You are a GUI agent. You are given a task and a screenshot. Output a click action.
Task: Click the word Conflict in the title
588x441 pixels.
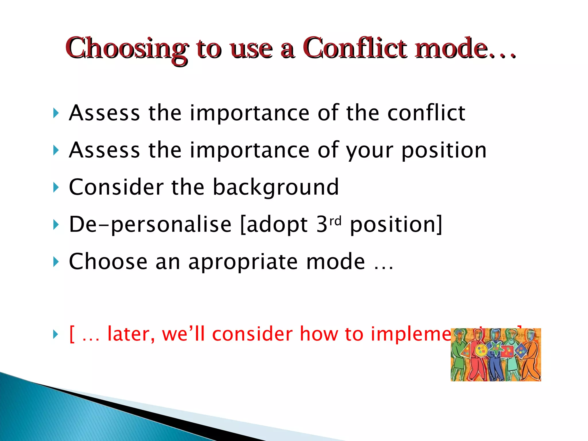point(355,48)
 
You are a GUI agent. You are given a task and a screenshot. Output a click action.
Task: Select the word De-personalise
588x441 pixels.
point(150,225)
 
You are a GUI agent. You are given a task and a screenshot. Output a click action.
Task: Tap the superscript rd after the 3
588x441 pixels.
point(335,221)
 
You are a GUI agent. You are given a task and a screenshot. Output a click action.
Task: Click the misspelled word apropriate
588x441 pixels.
point(243,262)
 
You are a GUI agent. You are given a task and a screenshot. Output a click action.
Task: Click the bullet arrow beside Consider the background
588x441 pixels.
point(56,187)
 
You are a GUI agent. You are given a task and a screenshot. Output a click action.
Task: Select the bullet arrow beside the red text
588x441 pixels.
point(56,334)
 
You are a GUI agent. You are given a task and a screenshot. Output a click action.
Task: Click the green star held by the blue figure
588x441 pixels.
point(496,348)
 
